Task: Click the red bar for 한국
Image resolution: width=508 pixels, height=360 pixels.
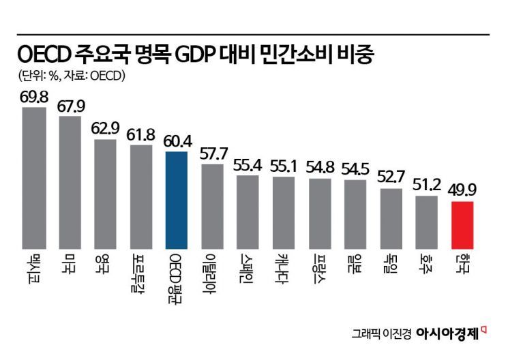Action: pos(462,225)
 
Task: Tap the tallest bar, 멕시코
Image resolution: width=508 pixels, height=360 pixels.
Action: pos(34,178)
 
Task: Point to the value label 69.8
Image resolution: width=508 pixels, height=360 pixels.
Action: pos(34,97)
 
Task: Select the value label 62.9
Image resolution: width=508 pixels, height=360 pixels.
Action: pos(105,129)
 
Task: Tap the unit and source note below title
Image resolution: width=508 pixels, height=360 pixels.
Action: pos(70,76)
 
